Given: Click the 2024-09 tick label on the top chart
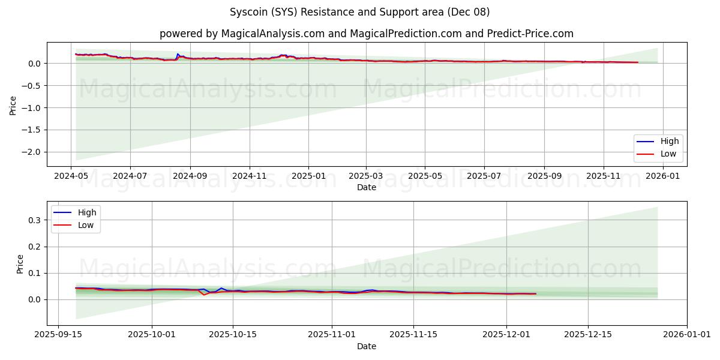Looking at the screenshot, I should (x=190, y=176).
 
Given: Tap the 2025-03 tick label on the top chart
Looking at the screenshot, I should (x=366, y=176).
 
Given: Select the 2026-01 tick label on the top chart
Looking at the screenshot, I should (x=663, y=176).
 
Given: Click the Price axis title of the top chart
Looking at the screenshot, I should (x=13, y=104).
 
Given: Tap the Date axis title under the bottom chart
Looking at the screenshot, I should (x=367, y=346).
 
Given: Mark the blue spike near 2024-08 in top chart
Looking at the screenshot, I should (x=177, y=54).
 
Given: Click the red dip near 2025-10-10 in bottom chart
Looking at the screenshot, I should (x=204, y=295).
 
